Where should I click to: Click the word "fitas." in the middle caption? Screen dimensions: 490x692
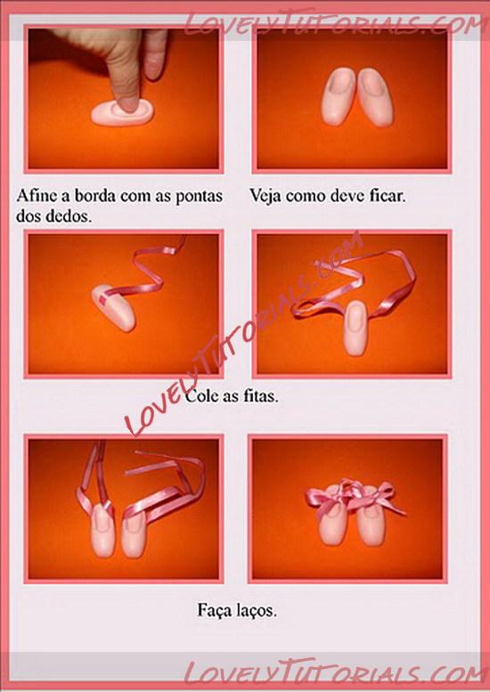coord(261,395)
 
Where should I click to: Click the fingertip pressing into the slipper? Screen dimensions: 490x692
coord(127,102)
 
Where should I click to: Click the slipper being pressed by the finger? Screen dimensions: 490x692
coord(123,112)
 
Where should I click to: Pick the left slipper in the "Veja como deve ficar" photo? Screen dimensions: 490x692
coord(339,97)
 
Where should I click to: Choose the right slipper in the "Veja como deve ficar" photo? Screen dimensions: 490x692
coord(375,97)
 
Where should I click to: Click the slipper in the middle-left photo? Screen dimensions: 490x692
coord(114,307)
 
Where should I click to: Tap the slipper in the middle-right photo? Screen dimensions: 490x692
coord(355,328)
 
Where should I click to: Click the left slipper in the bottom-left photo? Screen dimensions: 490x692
coord(102,531)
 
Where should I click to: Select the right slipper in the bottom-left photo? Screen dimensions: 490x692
coord(134,535)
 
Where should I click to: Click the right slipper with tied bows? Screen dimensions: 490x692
coord(371,521)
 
